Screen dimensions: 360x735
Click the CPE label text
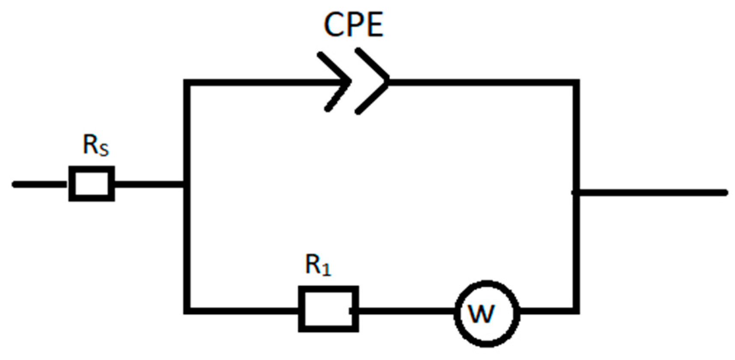[x=353, y=24]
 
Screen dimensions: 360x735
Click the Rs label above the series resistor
[x=95, y=146]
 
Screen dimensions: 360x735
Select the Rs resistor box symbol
[x=92, y=184]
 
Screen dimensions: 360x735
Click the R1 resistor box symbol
[x=328, y=309]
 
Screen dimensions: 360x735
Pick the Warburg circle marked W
[x=487, y=313]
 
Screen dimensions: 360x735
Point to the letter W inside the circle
[x=482, y=314]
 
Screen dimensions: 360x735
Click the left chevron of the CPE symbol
[x=338, y=81]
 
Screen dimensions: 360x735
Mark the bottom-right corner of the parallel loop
[x=576, y=310]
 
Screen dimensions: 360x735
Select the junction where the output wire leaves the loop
[x=576, y=193]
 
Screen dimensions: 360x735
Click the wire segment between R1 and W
[x=406, y=310]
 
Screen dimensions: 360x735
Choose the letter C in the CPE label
[x=333, y=25]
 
